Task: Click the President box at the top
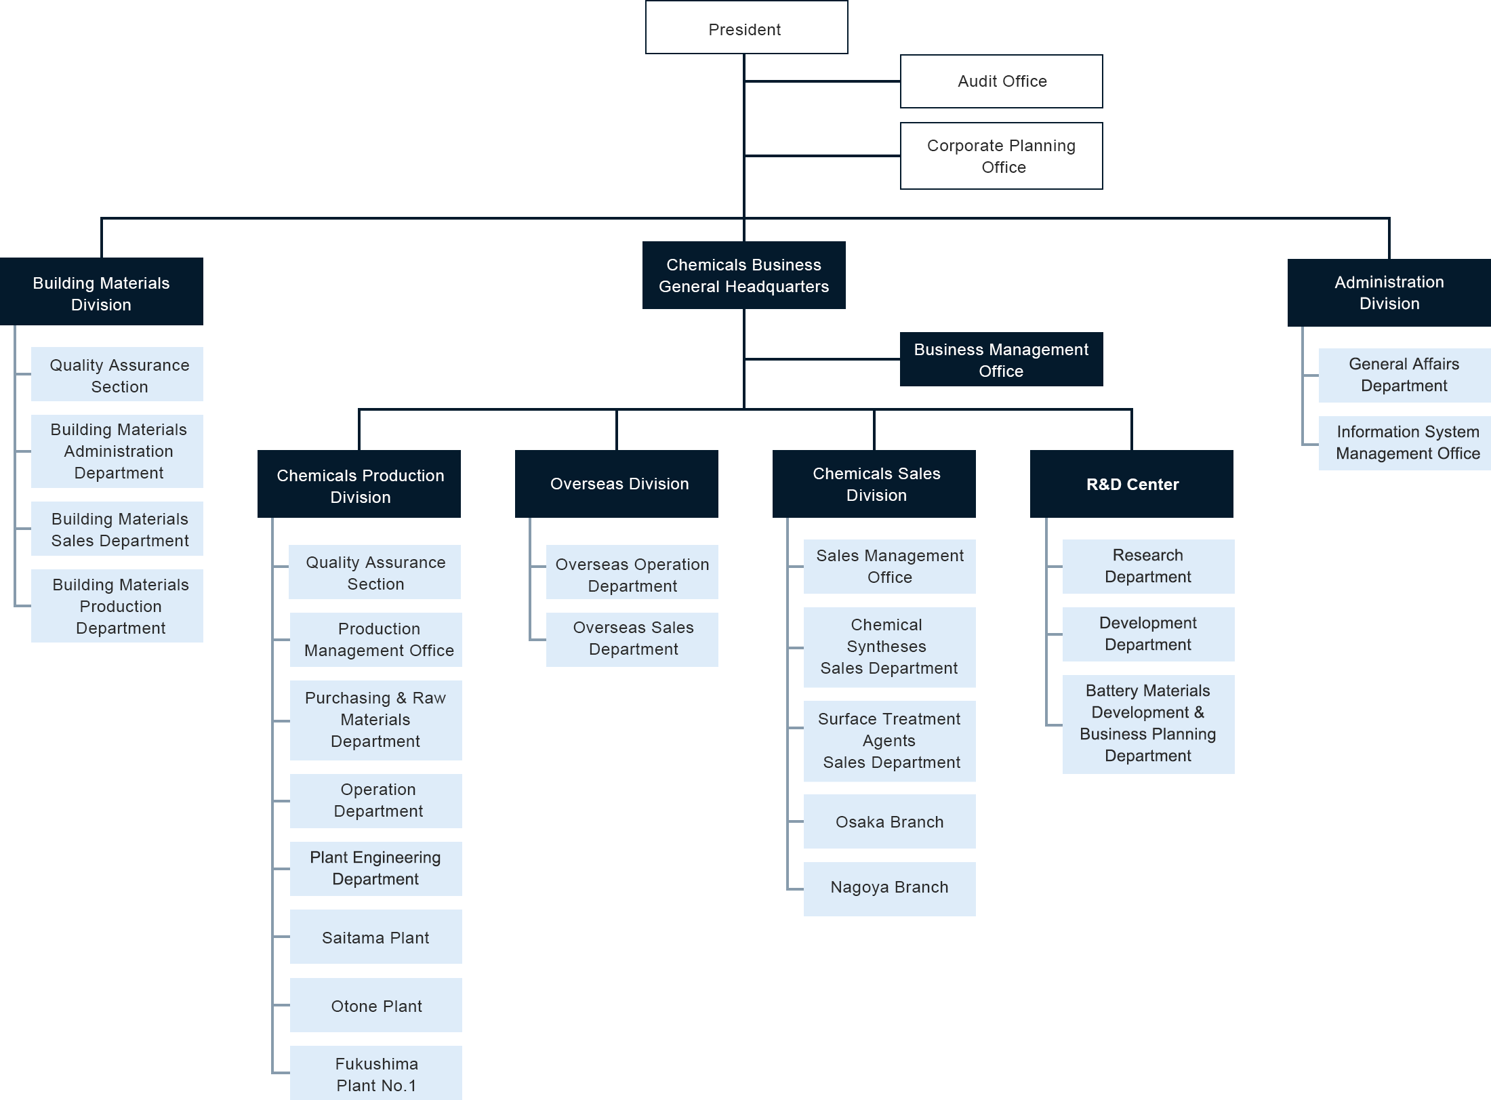tap(746, 28)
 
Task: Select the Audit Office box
tap(1001, 81)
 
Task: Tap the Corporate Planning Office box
tap(1001, 156)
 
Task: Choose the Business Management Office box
tap(1001, 360)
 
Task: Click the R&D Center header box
tap(1131, 484)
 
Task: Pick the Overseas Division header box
tap(616, 484)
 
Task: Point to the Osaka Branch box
tap(889, 821)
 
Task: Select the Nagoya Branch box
tap(889, 888)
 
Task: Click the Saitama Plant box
tap(375, 937)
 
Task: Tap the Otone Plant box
tap(375, 1006)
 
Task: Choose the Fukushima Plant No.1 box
tap(375, 1074)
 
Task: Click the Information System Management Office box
tap(1404, 443)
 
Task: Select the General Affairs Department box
tap(1404, 375)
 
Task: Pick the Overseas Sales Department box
tap(632, 638)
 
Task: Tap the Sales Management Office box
tap(889, 567)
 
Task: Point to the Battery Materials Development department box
tap(1148, 724)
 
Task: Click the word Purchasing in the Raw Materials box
tap(347, 698)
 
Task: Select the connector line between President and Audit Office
tap(822, 81)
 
